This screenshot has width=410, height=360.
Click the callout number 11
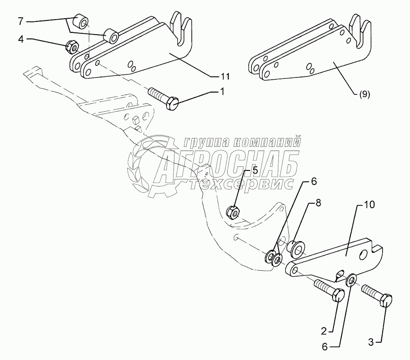coord(225,75)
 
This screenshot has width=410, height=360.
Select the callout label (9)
coord(364,95)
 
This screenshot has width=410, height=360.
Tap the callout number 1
coord(222,92)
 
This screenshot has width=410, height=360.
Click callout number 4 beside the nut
coord(20,40)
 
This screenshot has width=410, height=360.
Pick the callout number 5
coord(255,170)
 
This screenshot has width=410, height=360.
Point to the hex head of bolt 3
coord(385,301)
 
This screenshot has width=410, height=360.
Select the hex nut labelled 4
coord(72,46)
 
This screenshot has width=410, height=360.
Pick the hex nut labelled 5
coord(234,211)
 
